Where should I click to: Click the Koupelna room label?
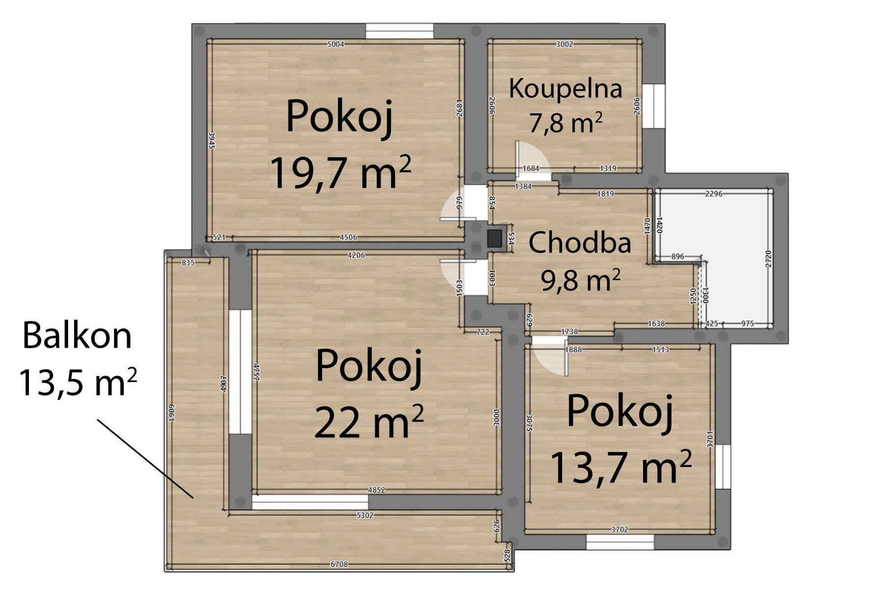pyautogui.click(x=566, y=89)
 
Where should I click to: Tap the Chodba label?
pyautogui.click(x=580, y=243)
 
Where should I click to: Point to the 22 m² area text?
pyautogui.click(x=368, y=421)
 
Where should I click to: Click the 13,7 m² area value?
pyautogui.click(x=621, y=467)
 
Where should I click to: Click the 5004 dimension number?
pyautogui.click(x=336, y=44)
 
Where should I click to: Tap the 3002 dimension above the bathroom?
pyautogui.click(x=564, y=44)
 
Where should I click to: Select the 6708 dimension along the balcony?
pyautogui.click(x=339, y=564)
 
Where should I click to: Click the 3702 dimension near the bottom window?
pyautogui.click(x=620, y=530)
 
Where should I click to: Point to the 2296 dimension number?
pyautogui.click(x=713, y=194)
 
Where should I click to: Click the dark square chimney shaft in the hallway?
pyautogui.click(x=494, y=239)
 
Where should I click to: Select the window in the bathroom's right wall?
pyautogui.click(x=654, y=106)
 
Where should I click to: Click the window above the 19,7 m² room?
pyautogui.click(x=399, y=31)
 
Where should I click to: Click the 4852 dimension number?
pyautogui.click(x=377, y=490)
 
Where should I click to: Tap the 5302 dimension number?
pyautogui.click(x=365, y=515)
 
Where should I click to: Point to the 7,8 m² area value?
pyautogui.click(x=566, y=123)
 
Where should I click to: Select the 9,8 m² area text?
pyautogui.click(x=581, y=280)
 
